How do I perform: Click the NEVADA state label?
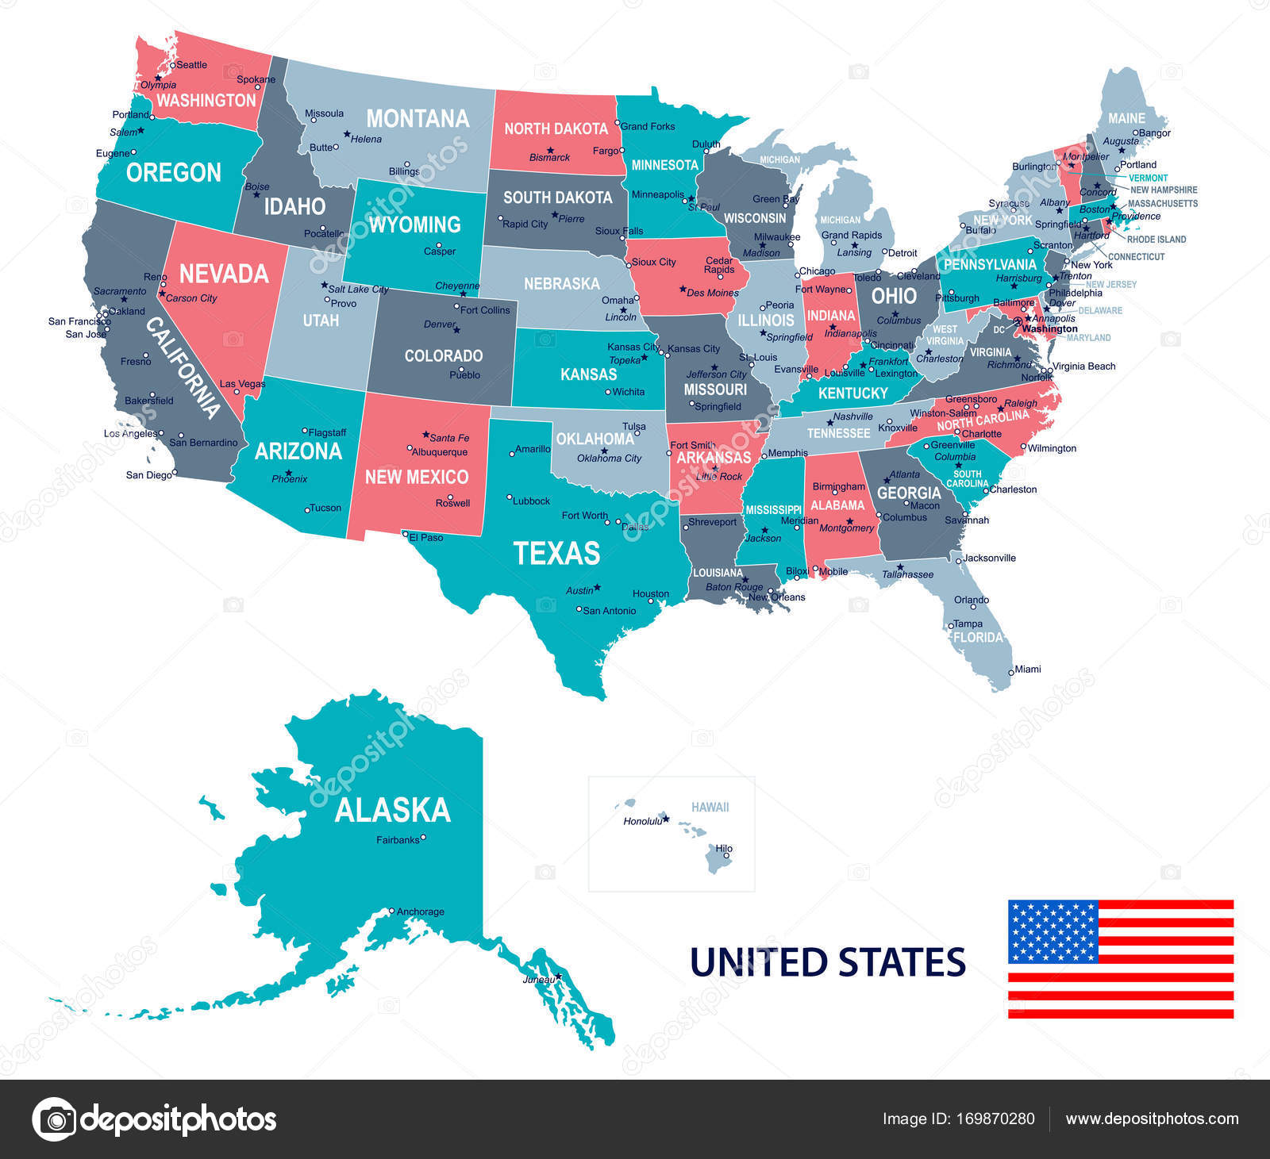point(224,274)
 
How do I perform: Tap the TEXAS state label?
point(556,553)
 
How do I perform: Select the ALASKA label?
point(392,810)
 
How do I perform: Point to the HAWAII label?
point(710,807)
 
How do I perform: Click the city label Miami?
point(1027,669)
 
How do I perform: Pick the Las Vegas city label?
point(242,384)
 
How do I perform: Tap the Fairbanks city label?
point(397,839)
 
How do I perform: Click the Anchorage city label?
point(420,911)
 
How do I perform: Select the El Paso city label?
point(426,537)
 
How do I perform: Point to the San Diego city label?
point(148,475)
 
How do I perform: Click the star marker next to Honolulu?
point(666,818)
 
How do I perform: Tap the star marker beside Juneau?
point(559,976)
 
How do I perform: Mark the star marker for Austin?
point(597,587)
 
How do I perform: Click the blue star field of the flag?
point(1053,931)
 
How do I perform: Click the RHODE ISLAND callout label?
point(1156,239)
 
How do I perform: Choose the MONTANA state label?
point(418,119)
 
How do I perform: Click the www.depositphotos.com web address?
point(1152,1119)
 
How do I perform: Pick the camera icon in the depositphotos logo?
point(54,1119)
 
